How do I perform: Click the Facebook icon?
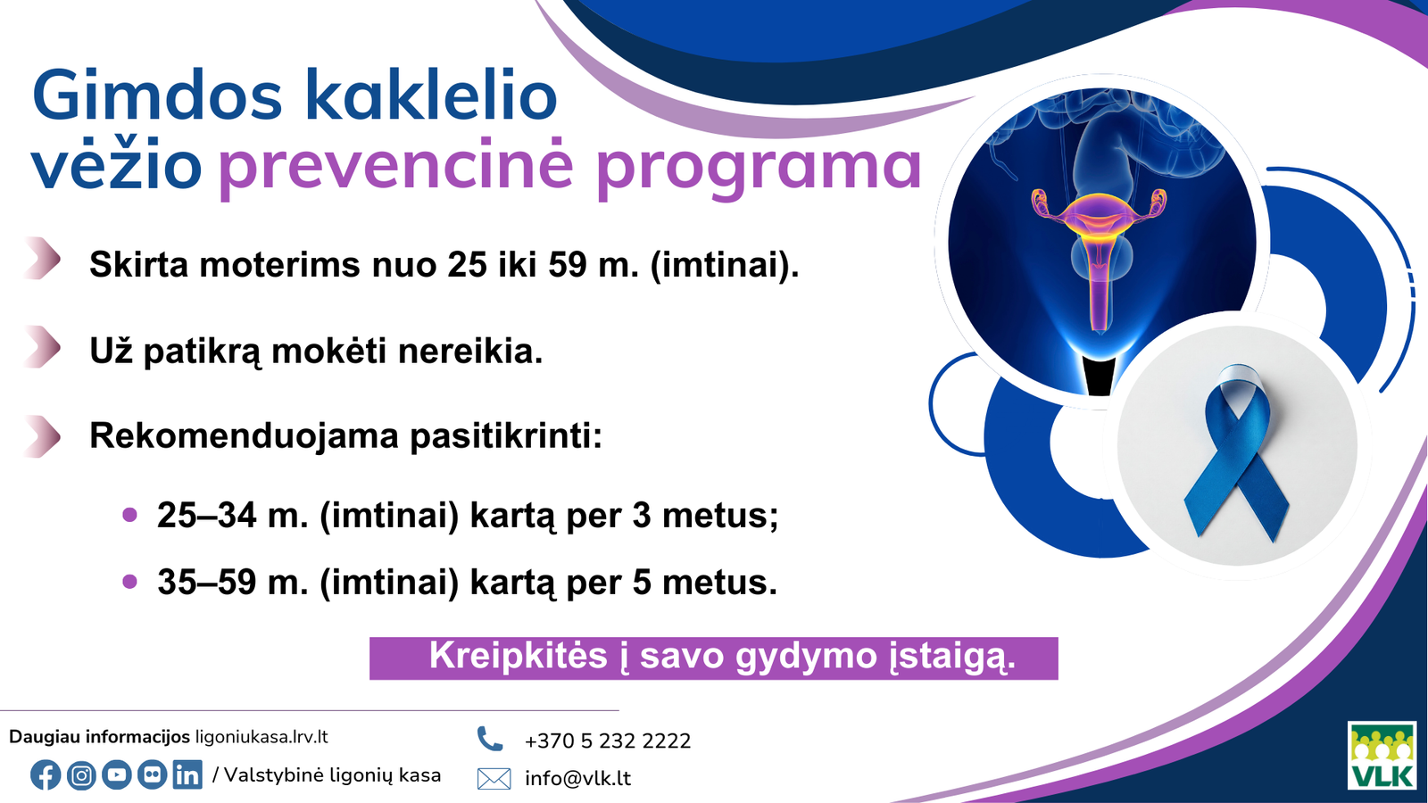tap(46, 774)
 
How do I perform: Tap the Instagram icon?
tap(81, 774)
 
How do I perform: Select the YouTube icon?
tap(117, 774)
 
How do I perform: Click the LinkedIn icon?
tap(187, 774)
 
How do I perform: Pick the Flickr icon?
tap(153, 774)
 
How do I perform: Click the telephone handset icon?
tap(489, 739)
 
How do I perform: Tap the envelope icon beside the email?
tap(494, 778)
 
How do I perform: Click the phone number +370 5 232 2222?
tap(607, 741)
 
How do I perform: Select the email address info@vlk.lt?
tap(577, 778)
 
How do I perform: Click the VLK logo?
tap(1382, 756)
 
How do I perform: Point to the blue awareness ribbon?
tap(1237, 451)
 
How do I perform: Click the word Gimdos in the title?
tap(157, 96)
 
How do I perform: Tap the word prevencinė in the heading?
tap(395, 165)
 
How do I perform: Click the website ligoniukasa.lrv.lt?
tap(262, 737)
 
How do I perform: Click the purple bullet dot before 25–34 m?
tap(130, 515)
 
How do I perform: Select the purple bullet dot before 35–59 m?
tap(130, 582)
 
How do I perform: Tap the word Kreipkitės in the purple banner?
tap(518, 657)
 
